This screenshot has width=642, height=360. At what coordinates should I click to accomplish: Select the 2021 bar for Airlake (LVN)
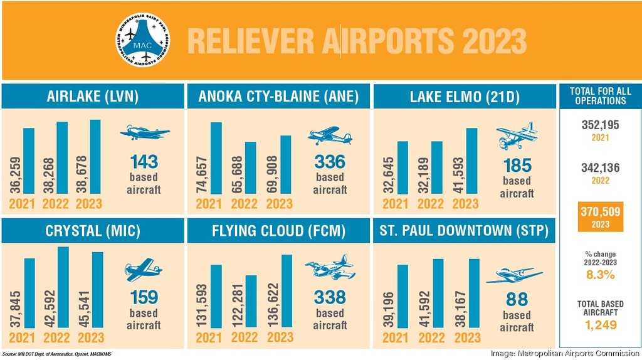pos(29,161)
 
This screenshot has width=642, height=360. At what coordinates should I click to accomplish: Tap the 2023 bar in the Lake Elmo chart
pos(471,161)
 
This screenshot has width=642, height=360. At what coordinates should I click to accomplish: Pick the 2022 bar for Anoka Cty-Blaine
pos(250,167)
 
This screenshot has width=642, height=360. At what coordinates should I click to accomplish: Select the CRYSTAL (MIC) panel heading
pos(93,231)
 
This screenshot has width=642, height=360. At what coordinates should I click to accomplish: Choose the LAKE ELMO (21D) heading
pos(465,97)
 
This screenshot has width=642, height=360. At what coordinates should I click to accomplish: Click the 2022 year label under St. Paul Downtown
pos(431,337)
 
